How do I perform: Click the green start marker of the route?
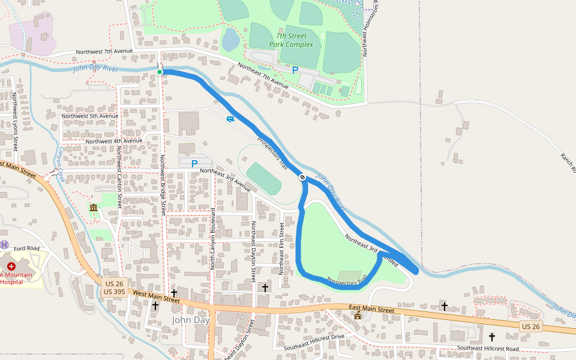pyautogui.click(x=160, y=73)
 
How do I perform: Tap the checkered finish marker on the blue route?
pyautogui.click(x=303, y=177)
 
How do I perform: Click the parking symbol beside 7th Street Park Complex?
pyautogui.click(x=295, y=70)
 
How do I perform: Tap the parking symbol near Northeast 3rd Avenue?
pyautogui.click(x=194, y=163)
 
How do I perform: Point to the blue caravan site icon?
pyautogui.click(x=230, y=118)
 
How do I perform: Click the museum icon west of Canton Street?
pyautogui.click(x=94, y=208)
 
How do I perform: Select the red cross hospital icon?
pyautogui.click(x=11, y=266)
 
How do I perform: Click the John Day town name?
pyautogui.click(x=190, y=320)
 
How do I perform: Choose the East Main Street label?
pyautogui.click(x=371, y=310)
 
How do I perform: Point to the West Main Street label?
pyautogui.click(x=157, y=295)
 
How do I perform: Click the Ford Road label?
pyautogui.click(x=26, y=248)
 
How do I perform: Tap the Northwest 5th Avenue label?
pyautogui.click(x=90, y=116)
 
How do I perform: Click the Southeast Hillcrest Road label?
pyautogui.click(x=488, y=348)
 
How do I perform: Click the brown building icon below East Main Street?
pyautogui.click(x=358, y=316)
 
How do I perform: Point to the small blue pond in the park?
pyautogui.click(x=230, y=40)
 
